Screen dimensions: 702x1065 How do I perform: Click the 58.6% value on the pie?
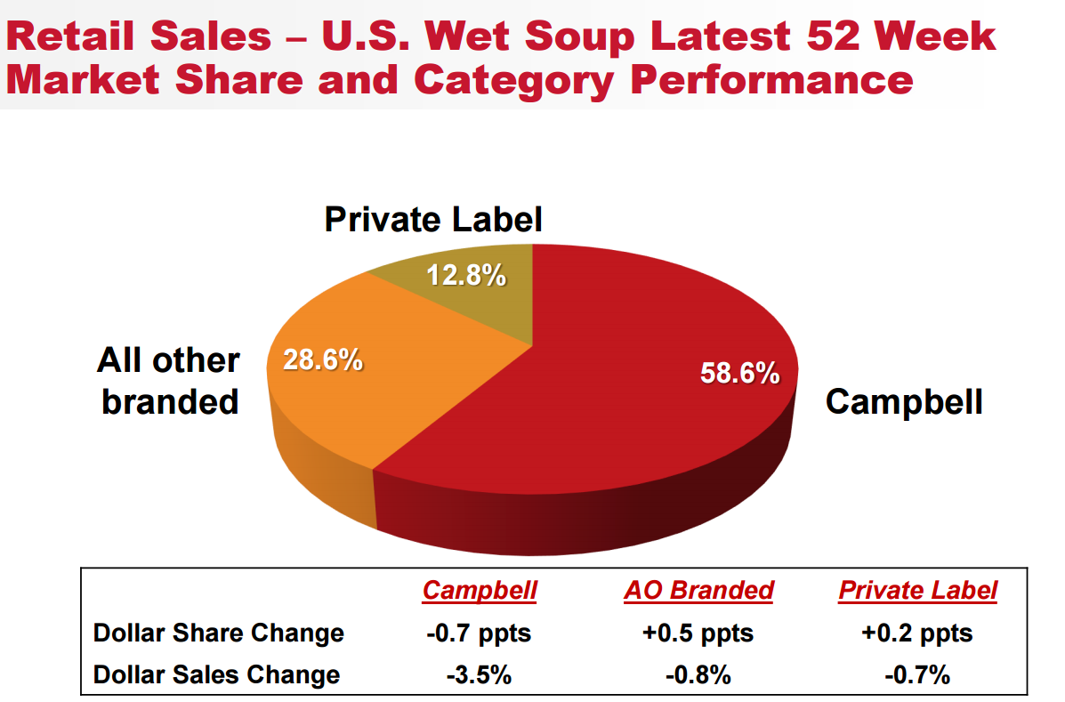[x=739, y=373]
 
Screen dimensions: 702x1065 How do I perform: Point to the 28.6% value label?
[x=322, y=360]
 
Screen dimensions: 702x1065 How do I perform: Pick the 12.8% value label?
[x=466, y=276]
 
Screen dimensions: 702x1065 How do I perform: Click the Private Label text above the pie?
[x=433, y=219]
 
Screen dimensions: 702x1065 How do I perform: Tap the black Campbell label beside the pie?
[x=904, y=401]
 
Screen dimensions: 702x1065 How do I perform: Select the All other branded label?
[x=169, y=381]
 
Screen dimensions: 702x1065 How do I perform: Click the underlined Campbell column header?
[x=480, y=590]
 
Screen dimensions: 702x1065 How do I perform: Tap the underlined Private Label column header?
[x=917, y=590]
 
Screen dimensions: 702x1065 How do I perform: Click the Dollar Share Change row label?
[x=219, y=633]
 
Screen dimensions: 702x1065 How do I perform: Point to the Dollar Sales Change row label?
[x=216, y=674]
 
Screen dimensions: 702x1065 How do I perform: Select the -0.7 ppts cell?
[x=479, y=633]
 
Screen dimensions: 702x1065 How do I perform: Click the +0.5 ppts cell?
[x=698, y=633]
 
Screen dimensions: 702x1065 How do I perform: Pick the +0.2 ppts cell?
[x=917, y=633]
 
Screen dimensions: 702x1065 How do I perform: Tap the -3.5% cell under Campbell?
[x=479, y=674]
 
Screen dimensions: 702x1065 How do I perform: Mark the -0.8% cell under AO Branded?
[x=698, y=674]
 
